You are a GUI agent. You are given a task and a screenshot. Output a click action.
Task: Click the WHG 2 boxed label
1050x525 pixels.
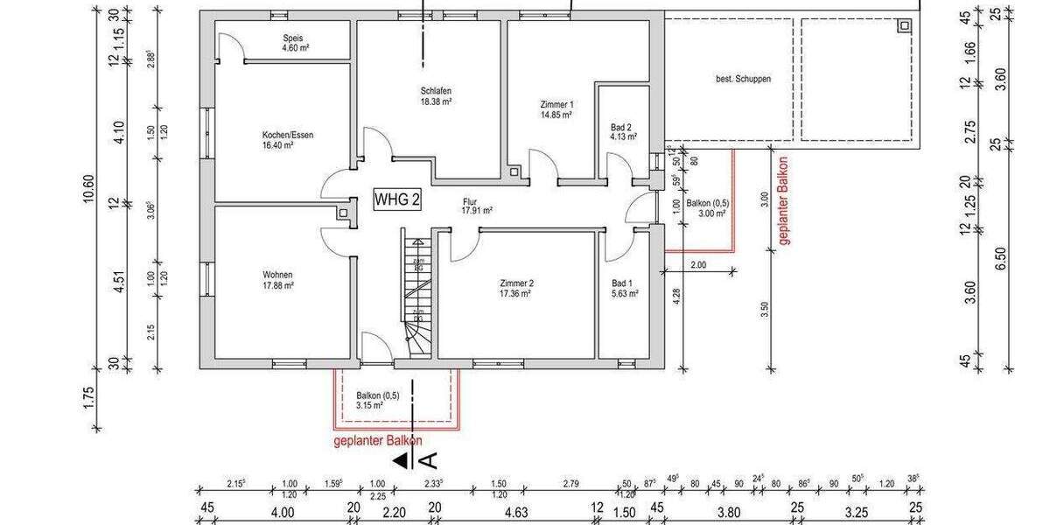click(397, 199)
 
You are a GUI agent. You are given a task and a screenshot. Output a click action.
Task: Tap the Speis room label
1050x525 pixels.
click(292, 44)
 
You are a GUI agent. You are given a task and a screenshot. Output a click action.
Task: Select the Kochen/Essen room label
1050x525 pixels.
click(287, 140)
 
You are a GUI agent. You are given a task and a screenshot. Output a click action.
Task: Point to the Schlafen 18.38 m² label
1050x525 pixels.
click(435, 96)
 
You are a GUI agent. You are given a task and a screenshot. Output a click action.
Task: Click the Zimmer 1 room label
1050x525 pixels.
click(556, 108)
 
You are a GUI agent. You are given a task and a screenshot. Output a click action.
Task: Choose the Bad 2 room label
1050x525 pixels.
click(622, 132)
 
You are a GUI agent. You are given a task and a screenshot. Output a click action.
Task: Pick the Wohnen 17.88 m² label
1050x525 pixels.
click(276, 279)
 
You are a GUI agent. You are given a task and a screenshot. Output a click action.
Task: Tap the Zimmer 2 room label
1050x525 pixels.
click(516, 288)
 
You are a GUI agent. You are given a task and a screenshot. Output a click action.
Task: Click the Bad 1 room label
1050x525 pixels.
click(624, 288)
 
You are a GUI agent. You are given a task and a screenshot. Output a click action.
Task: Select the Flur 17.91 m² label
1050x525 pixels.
click(477, 206)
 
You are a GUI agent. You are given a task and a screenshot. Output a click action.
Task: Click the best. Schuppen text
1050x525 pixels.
click(743, 79)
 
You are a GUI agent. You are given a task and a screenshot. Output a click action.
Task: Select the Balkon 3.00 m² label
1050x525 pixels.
click(708, 208)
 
